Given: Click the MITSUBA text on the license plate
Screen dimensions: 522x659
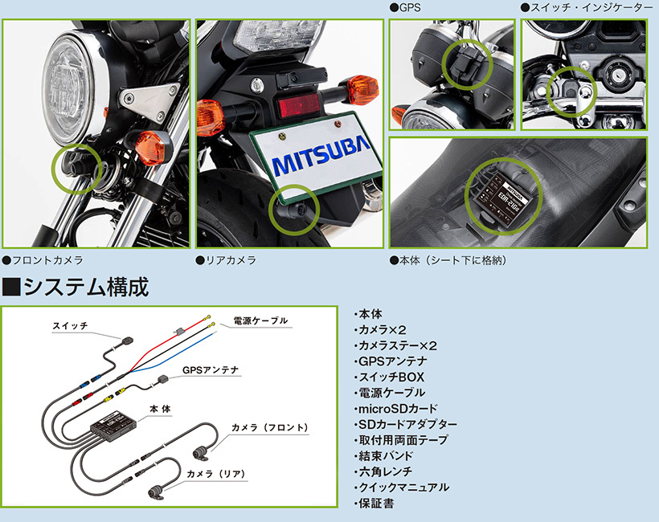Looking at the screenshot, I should (321, 165).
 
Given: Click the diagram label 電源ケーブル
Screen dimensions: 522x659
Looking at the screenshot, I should (260, 320).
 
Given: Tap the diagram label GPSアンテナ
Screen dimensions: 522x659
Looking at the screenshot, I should (211, 370).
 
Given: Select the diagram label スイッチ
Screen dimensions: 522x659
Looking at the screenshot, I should (70, 326).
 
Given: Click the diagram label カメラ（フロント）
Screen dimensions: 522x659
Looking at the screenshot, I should (269, 427).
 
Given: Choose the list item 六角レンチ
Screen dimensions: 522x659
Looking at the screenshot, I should (385, 472).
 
